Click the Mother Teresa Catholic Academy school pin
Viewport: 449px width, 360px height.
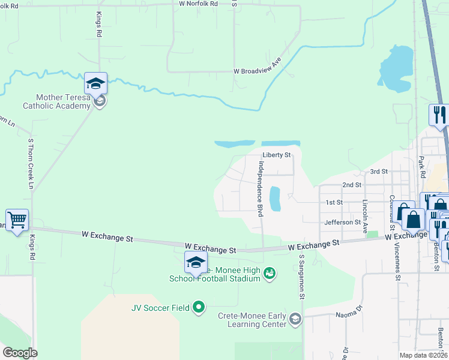(96, 83)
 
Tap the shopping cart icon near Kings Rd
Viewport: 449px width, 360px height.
(17, 220)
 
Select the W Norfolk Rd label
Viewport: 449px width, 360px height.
(198, 4)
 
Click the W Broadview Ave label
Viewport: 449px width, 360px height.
(258, 70)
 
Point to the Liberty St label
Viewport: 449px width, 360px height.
(276, 155)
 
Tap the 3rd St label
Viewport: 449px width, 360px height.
(379, 172)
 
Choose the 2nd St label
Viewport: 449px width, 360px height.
(351, 185)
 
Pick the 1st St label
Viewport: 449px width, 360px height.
(334, 203)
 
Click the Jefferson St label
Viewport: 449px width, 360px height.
(342, 222)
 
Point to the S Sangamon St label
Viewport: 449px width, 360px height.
(303, 277)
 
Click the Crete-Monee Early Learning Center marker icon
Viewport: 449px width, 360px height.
(295, 319)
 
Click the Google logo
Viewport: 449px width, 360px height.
(20, 353)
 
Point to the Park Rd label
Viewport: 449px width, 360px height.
(422, 169)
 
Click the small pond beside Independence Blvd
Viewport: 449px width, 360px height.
(275, 199)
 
